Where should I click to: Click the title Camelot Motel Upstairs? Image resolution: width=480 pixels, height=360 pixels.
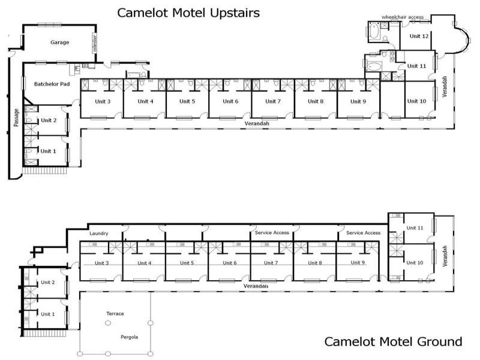(188, 13)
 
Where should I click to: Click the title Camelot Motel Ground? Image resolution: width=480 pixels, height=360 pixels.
(393, 341)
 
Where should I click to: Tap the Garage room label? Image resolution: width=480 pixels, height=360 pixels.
(59, 43)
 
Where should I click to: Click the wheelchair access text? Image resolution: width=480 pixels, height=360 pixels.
(402, 17)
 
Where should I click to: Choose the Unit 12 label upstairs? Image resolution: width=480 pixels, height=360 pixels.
(419, 36)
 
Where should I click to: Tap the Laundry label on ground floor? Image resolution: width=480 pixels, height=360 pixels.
(98, 233)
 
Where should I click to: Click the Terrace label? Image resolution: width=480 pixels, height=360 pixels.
(115, 314)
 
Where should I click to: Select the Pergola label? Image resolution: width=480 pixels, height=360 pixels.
(128, 337)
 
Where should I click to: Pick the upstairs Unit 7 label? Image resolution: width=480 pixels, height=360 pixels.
(271, 101)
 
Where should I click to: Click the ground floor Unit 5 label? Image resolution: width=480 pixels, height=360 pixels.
(187, 263)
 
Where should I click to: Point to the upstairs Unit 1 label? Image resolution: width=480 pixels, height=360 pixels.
(48, 151)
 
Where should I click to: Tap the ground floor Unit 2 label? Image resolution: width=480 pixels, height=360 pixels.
(48, 282)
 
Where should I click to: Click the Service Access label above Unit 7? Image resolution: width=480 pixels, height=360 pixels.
(272, 233)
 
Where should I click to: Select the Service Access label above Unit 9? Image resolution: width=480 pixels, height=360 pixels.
(363, 233)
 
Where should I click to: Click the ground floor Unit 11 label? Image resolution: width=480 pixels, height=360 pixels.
(415, 228)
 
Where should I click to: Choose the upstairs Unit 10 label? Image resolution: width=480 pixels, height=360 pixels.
(416, 101)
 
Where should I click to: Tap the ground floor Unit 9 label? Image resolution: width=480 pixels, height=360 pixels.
(358, 263)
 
